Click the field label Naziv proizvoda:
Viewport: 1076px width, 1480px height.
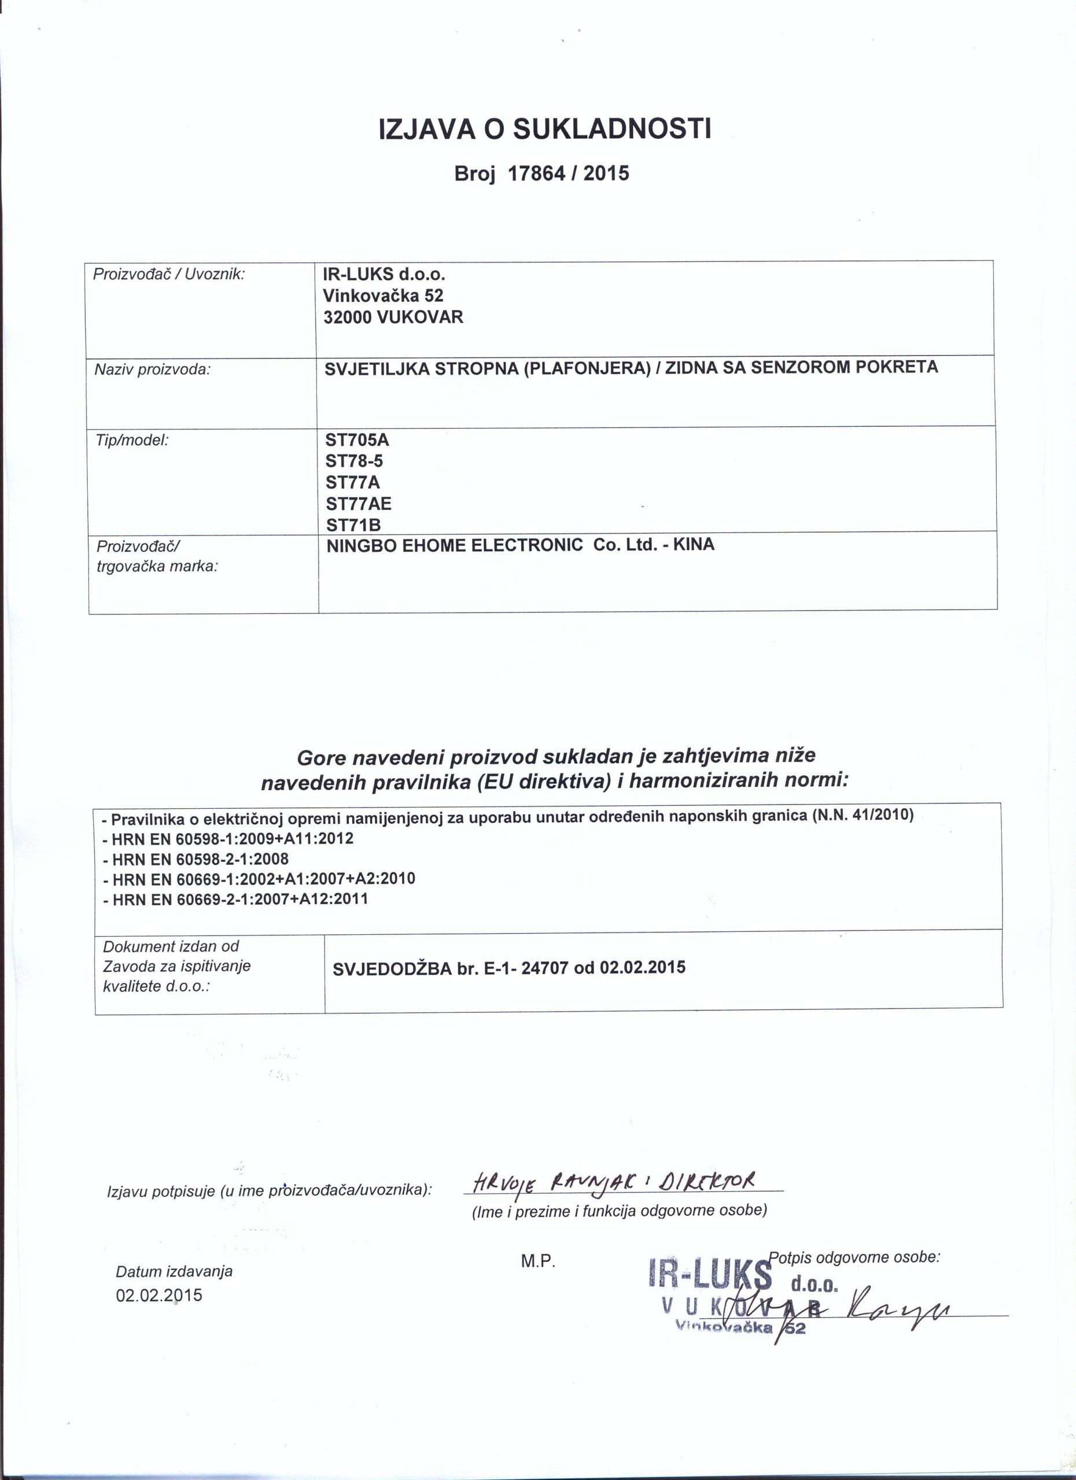(152, 370)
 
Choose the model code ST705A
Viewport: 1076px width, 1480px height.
(356, 440)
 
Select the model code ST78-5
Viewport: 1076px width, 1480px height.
(354, 461)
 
